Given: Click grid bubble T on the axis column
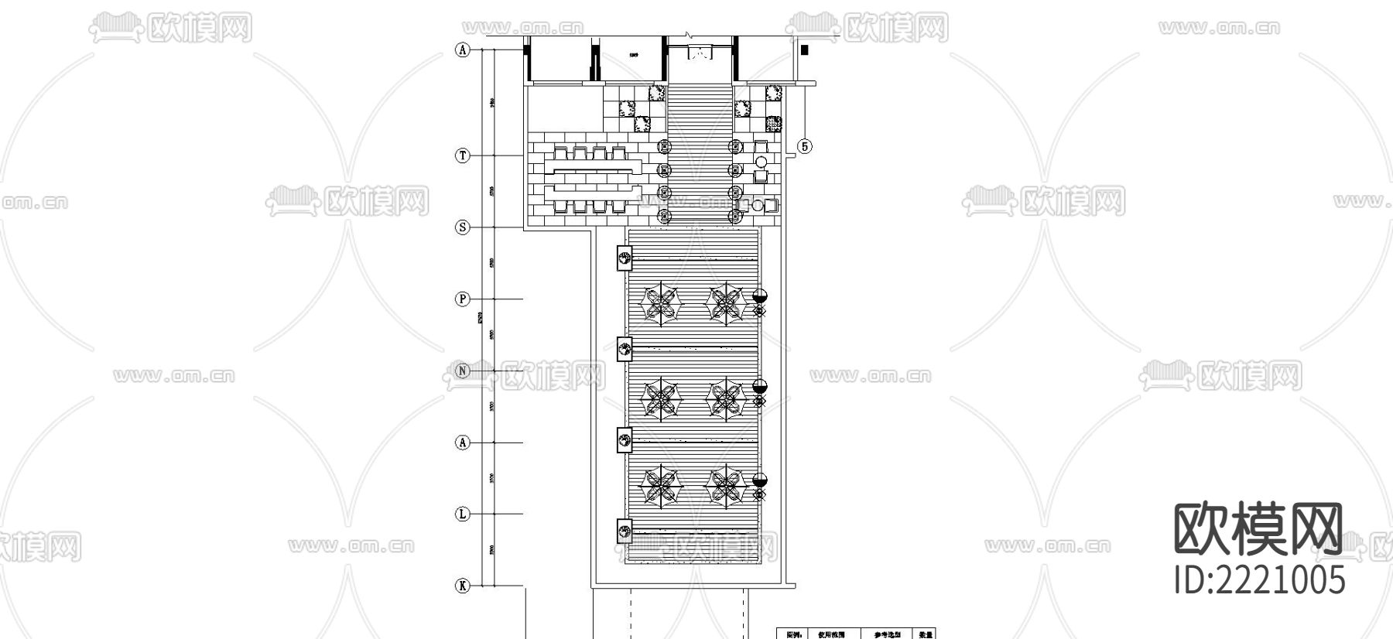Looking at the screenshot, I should click(x=462, y=155).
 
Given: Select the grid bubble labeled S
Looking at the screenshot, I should click(x=462, y=227).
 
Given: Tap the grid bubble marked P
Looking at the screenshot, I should click(x=462, y=299).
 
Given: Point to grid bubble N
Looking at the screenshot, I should click(x=462, y=371).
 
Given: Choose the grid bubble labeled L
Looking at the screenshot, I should click(x=462, y=514).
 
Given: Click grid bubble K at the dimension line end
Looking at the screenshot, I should click(x=462, y=586).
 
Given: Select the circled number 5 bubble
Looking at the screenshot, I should click(x=805, y=146).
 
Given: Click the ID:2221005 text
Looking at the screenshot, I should click(x=1259, y=579).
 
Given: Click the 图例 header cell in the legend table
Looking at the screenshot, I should click(x=794, y=634).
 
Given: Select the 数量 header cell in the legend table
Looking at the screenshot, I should click(x=925, y=634).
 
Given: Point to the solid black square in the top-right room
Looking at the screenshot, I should click(x=805, y=50).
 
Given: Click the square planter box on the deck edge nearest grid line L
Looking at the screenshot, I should click(x=624, y=530).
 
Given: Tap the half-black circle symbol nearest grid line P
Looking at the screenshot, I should click(x=760, y=296).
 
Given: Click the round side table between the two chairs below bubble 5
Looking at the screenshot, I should click(x=761, y=162).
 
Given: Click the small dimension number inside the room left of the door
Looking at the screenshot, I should click(x=632, y=55).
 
